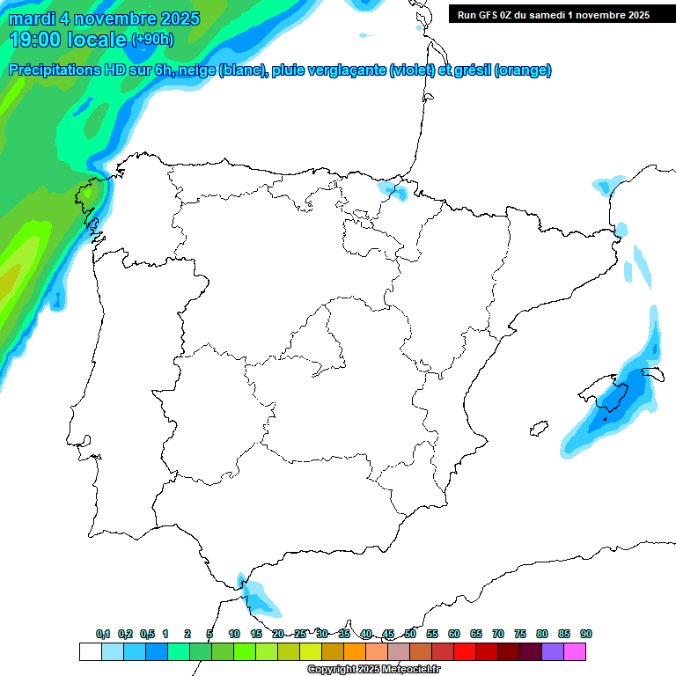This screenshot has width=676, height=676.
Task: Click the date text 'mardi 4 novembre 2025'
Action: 105,18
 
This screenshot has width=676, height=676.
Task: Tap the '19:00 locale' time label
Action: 68,39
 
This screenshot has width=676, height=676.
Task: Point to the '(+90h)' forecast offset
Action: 152,39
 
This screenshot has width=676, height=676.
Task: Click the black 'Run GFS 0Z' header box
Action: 553,14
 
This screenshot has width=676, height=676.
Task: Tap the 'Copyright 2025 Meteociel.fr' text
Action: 373,670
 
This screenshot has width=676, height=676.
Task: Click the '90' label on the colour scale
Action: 586,635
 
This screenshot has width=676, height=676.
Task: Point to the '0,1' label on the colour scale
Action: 103,635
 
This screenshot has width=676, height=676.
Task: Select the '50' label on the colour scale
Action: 410,635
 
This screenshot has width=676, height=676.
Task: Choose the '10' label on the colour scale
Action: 234,635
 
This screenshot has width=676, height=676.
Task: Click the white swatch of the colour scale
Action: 90,651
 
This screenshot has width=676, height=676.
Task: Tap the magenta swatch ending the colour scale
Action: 575,651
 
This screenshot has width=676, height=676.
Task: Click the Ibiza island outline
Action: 535,430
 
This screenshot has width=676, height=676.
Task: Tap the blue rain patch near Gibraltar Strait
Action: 258,597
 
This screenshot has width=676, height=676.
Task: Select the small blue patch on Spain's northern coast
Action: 394,189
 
